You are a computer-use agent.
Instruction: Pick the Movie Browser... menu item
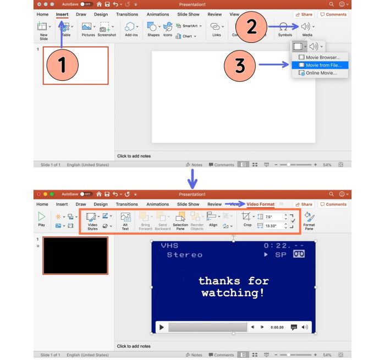pos(323,57)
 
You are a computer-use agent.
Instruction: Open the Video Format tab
pos(260,204)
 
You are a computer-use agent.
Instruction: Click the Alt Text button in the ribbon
pos(125,221)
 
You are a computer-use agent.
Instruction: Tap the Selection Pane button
pos(180,221)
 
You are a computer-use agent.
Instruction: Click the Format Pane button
pos(309,221)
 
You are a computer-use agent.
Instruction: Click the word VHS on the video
pos(169,246)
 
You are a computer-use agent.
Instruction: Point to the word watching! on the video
pos(233,293)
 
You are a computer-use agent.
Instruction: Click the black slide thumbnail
pos(75,256)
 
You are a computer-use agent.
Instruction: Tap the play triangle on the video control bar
pos(162,327)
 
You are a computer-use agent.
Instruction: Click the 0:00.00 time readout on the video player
pos(277,327)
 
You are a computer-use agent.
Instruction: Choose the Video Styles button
pos(92,221)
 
